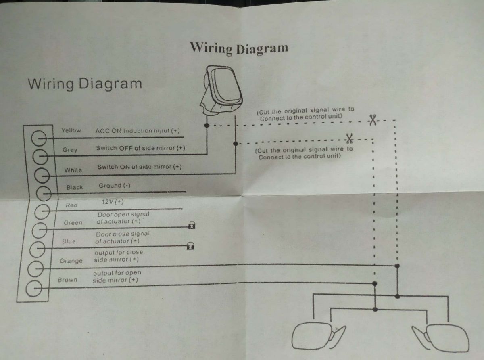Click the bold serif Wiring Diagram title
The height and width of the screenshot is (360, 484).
[239, 48]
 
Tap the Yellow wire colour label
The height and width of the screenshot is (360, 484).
[71, 130]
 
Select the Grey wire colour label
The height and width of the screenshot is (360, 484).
[70, 150]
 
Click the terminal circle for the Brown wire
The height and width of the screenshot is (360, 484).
[34, 288]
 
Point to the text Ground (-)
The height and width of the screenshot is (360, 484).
[115, 186]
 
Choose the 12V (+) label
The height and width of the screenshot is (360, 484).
[113, 202]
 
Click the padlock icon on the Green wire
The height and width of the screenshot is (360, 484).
[192, 225]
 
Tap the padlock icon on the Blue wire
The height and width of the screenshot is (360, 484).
[190, 246]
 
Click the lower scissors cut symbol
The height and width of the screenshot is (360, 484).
[349, 138]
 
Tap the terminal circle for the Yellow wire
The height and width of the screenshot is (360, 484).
[39, 138]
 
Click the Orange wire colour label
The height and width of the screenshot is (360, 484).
[71, 261]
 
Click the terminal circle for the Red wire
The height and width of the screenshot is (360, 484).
[42, 211]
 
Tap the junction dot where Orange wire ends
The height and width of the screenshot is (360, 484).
[397, 266]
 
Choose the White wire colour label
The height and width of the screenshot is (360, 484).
[73, 170]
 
